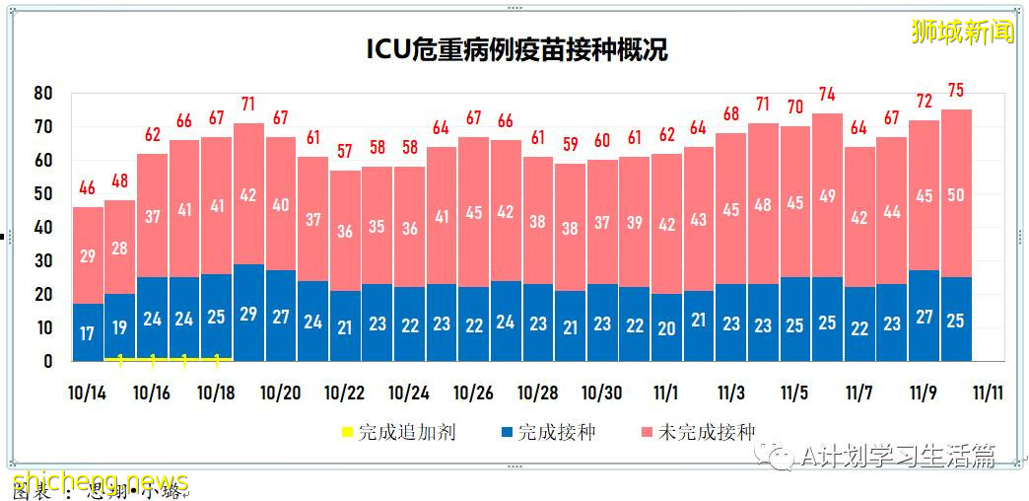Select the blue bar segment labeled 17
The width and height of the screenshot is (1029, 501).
point(88,333)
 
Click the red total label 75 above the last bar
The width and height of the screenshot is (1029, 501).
point(956,91)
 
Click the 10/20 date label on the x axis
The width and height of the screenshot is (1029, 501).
point(281,393)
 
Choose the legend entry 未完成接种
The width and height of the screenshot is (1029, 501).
point(698,432)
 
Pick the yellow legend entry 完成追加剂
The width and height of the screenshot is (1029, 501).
point(398,432)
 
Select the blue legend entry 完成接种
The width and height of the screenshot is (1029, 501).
point(549,432)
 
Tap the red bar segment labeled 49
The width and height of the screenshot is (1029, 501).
point(828,195)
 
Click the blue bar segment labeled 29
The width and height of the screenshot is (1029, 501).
point(248,314)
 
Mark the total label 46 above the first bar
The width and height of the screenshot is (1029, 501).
point(88,187)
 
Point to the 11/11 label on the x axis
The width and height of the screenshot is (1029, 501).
point(988,393)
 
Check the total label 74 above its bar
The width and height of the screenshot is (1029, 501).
point(828,95)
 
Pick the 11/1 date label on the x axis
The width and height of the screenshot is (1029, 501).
point(666,393)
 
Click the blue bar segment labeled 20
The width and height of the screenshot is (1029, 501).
point(666,328)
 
